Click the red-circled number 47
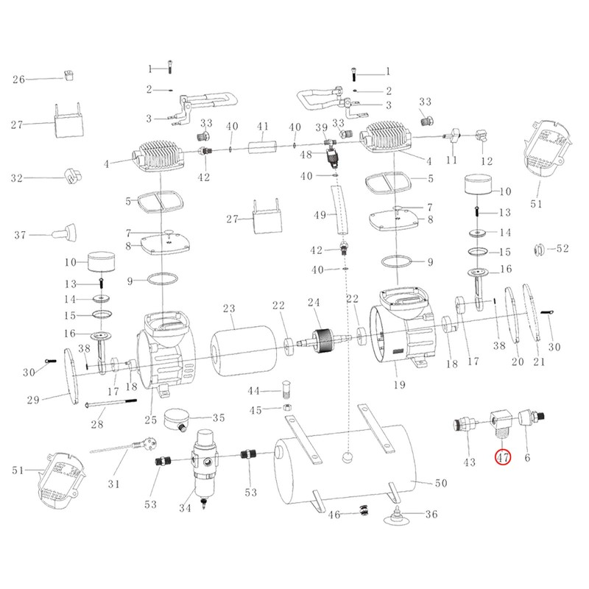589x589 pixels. (x=503, y=458)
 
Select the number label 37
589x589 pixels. (x=19, y=235)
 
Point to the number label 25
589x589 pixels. (x=150, y=420)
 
